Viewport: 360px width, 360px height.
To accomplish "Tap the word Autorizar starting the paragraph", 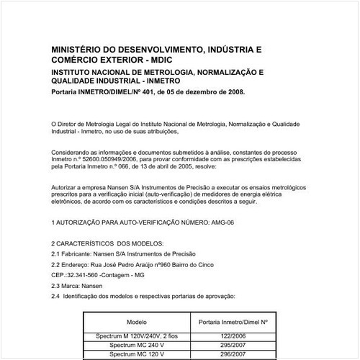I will pyautogui.click(x=67, y=186).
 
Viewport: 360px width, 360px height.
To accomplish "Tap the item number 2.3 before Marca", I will pyautogui.click(x=57, y=285).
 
